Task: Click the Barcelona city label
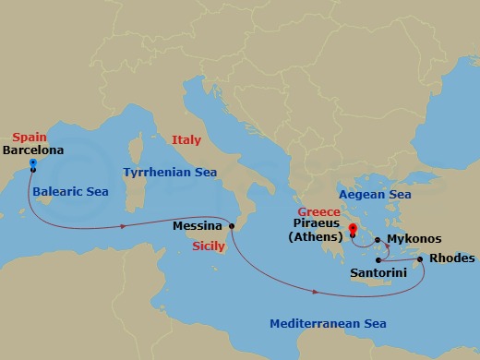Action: click(x=37, y=149)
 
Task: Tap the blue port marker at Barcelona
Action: click(x=32, y=163)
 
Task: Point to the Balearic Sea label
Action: click(x=70, y=192)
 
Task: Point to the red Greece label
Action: click(x=318, y=211)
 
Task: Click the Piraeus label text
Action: click(x=315, y=224)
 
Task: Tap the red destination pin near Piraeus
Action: click(x=353, y=227)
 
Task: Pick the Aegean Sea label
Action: click(x=375, y=195)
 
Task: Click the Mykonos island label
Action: click(x=408, y=238)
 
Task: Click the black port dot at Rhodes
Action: click(x=421, y=259)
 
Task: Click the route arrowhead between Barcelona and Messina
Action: click(x=123, y=226)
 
